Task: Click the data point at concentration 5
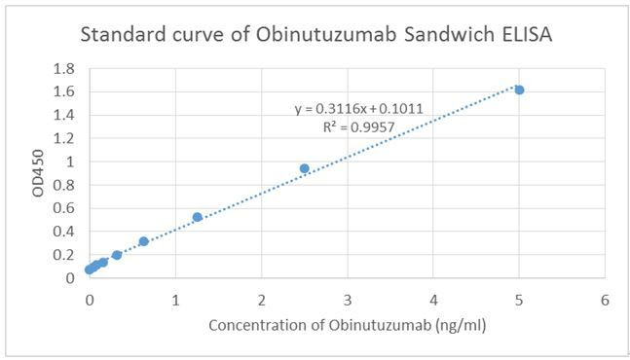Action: pos(519,90)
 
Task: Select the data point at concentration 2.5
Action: pos(304,168)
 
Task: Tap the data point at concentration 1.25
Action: pos(197,217)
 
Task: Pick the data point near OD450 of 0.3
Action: pos(143,241)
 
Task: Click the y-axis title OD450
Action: pos(39,174)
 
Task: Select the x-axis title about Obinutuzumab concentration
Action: pos(347,325)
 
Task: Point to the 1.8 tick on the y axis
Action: pos(65,68)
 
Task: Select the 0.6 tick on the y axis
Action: pos(65,208)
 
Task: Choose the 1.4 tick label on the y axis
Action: pos(65,115)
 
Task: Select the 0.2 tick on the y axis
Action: pos(65,255)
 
